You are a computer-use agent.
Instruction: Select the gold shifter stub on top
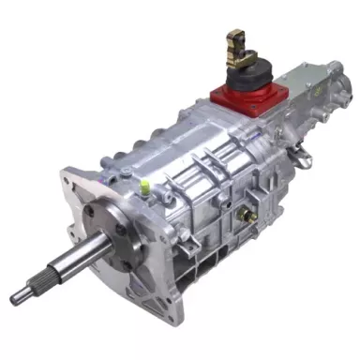point(233,43)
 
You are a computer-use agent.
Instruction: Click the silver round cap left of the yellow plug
point(125,171)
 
